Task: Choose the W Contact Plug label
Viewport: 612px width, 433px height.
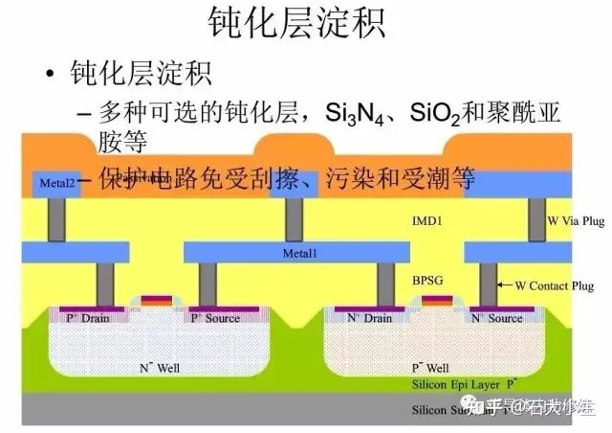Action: (555, 285)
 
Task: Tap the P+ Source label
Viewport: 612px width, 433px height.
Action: (214, 317)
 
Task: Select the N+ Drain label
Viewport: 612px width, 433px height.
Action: (369, 317)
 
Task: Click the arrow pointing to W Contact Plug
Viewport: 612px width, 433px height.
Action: (507, 285)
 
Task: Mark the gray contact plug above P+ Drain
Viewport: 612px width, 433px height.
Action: (104, 284)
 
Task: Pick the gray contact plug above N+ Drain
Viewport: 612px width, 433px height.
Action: (385, 284)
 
